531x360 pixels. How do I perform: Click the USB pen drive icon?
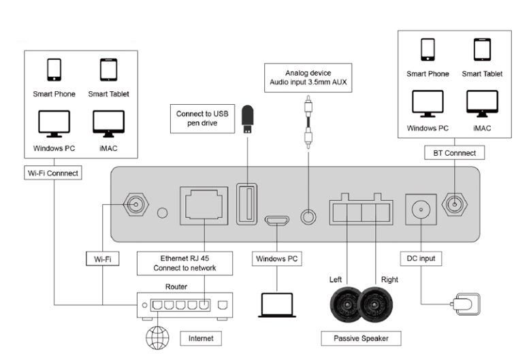tap(248, 120)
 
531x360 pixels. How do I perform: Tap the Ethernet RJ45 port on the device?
tap(203, 204)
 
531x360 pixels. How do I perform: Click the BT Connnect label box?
tap(453, 153)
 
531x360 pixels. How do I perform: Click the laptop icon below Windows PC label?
tap(276, 306)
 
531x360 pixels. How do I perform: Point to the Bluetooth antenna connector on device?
tap(454, 203)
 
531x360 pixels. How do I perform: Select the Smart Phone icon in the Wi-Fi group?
tap(54, 70)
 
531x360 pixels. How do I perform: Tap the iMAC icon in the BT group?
tap(477, 103)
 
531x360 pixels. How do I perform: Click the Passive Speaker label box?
tap(360, 338)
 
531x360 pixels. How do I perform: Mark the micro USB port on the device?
tap(276, 220)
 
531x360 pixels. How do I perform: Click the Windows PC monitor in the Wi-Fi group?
tap(53, 122)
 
